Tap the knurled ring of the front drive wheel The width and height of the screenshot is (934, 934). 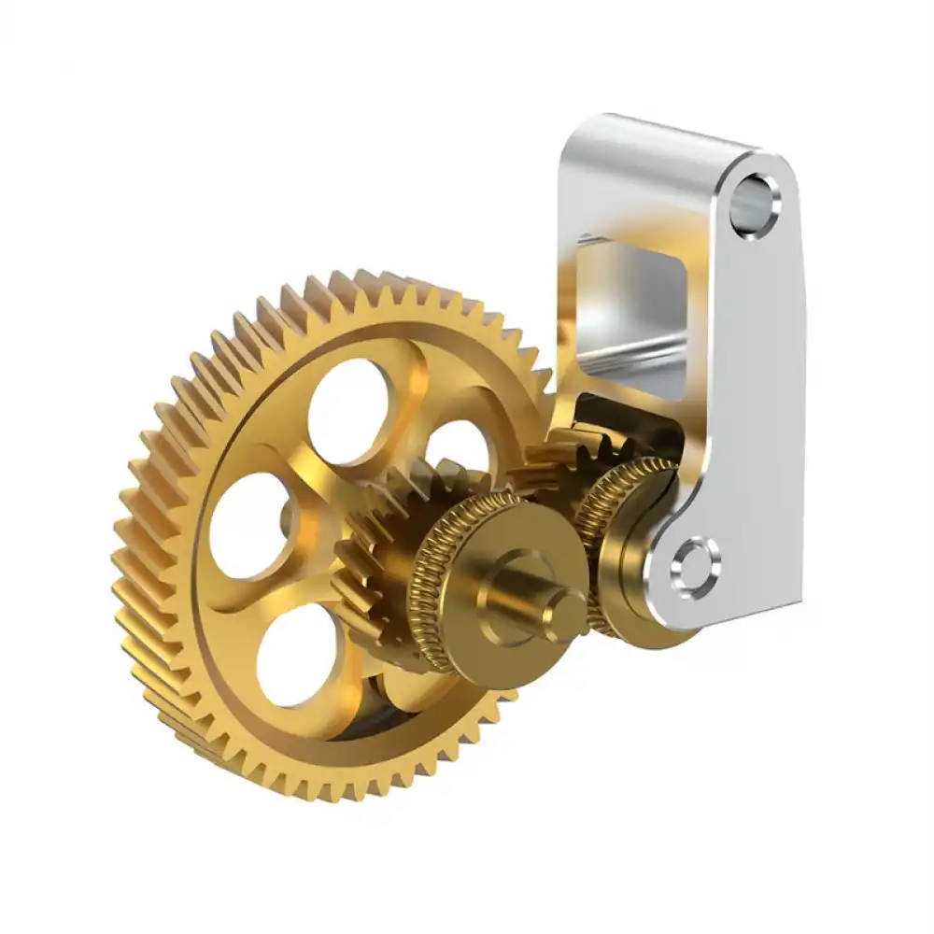[x=432, y=579]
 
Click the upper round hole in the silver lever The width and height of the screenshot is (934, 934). [x=754, y=199]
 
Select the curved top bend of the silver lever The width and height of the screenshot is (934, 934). [x=654, y=140]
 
